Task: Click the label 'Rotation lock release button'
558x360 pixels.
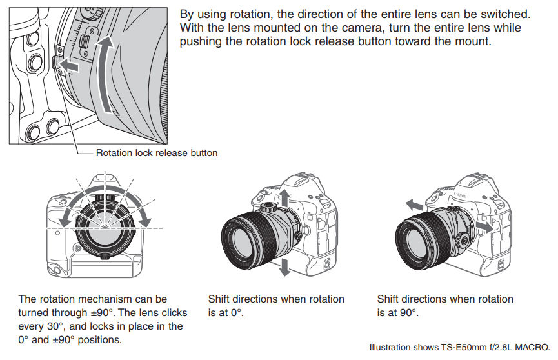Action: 157,153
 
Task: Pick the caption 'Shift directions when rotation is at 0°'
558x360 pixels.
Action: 276,306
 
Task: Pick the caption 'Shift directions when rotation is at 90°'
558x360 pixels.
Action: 445,306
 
